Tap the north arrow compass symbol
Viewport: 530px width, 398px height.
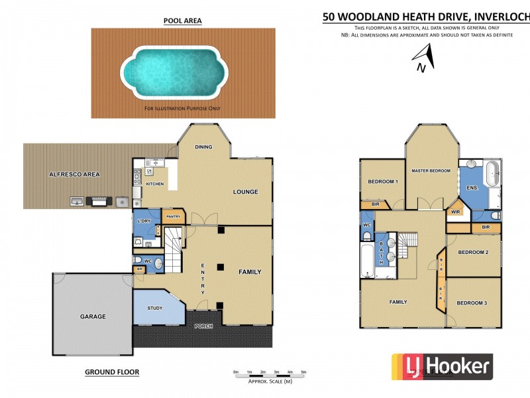[424, 58]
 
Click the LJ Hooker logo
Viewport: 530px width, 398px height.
[442, 366]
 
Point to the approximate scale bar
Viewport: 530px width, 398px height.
[270, 375]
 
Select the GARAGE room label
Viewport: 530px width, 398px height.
[93, 316]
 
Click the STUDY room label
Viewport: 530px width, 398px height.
[155, 308]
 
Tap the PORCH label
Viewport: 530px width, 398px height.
[203, 326]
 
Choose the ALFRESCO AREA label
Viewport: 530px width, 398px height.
[74, 174]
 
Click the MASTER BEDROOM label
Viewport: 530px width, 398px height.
[431, 170]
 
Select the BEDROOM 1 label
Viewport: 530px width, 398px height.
[382, 181]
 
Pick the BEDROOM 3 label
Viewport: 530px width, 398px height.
[472, 302]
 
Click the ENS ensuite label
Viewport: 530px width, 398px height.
[472, 188]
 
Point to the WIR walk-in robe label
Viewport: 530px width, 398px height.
[455, 212]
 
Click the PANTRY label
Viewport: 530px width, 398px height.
[174, 216]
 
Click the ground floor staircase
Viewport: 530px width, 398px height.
[174, 248]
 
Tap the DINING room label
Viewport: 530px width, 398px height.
[203, 147]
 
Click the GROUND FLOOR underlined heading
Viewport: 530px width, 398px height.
[112, 372]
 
